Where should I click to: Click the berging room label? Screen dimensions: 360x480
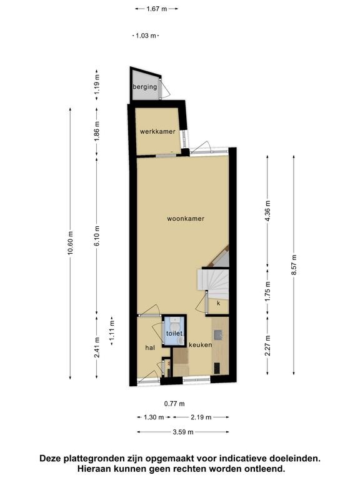click(145, 87)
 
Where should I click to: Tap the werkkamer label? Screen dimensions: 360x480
click(157, 132)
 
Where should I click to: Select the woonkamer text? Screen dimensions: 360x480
click(186, 219)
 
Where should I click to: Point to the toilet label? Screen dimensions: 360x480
click(174, 333)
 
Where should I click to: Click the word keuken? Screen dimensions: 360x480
click(201, 345)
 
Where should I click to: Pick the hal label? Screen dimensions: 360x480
click(150, 347)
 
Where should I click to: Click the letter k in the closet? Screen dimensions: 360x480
click(219, 303)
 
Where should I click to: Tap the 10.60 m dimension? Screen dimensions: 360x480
click(71, 243)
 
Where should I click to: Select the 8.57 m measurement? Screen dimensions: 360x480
click(294, 265)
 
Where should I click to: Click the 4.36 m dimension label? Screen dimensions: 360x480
click(267, 211)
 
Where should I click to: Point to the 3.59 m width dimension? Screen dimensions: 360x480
click(183, 432)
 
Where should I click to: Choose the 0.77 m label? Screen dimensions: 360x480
click(174, 404)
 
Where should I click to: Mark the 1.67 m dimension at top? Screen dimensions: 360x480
click(157, 9)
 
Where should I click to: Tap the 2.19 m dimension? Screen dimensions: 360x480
click(201, 417)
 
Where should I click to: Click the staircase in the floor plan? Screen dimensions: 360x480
click(213, 284)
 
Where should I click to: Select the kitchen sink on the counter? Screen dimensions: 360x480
click(219, 335)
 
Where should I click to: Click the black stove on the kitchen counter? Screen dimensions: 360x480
click(217, 368)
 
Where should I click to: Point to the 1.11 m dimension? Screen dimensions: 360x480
click(112, 331)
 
